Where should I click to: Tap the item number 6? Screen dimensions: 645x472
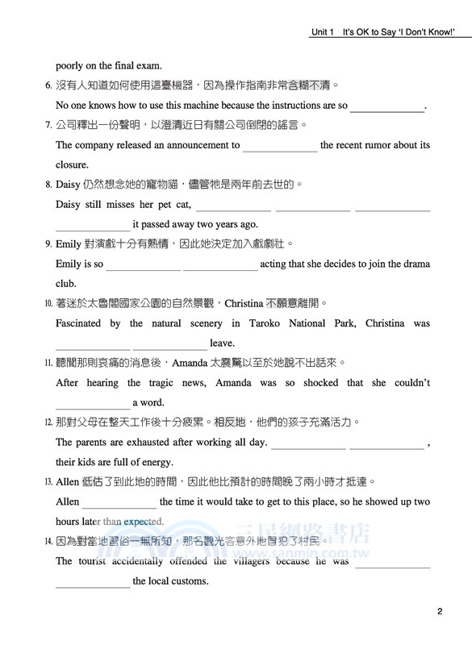pos(48,85)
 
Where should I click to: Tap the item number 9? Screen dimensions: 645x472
pos(48,244)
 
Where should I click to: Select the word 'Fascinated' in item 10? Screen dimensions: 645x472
pos(78,323)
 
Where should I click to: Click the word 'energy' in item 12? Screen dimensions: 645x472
pos(157,462)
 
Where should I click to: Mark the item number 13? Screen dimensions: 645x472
pos(48,482)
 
